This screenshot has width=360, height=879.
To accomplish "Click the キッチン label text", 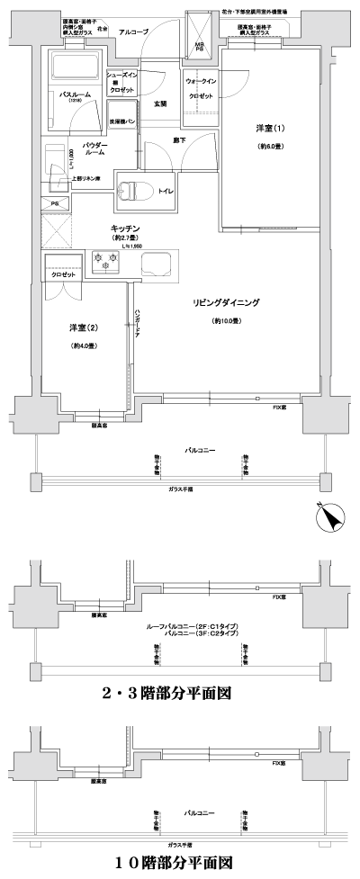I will [123, 229].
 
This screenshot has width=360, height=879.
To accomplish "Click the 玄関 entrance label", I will [161, 103].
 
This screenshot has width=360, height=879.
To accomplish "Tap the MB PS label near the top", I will [199, 46].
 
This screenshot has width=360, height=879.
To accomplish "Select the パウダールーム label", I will [95, 149].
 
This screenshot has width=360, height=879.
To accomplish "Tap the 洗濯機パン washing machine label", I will [123, 120].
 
